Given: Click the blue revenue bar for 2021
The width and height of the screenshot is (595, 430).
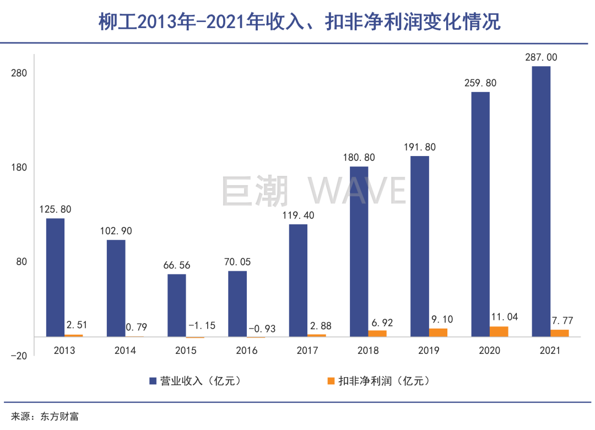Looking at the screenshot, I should point(541,201).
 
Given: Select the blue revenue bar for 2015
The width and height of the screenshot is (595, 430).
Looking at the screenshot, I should point(177,305).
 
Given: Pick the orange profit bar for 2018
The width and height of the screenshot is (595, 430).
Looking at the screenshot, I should point(377,333).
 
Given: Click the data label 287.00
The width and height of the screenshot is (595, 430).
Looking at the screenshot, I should point(541,57).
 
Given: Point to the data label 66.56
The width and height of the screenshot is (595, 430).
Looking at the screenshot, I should point(177,265).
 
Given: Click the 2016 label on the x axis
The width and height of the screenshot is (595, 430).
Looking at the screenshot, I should point(246,351).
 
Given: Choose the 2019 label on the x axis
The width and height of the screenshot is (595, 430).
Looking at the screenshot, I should point(428,351).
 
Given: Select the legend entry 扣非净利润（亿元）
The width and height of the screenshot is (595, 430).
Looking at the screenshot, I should point(378,381).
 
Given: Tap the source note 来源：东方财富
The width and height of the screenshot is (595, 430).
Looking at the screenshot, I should point(45,416).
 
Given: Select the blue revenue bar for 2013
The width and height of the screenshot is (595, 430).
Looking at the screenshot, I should point(55,277).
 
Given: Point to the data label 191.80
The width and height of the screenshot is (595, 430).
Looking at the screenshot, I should point(420,147).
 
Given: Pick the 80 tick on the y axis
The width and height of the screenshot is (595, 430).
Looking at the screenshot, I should point(21,262).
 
